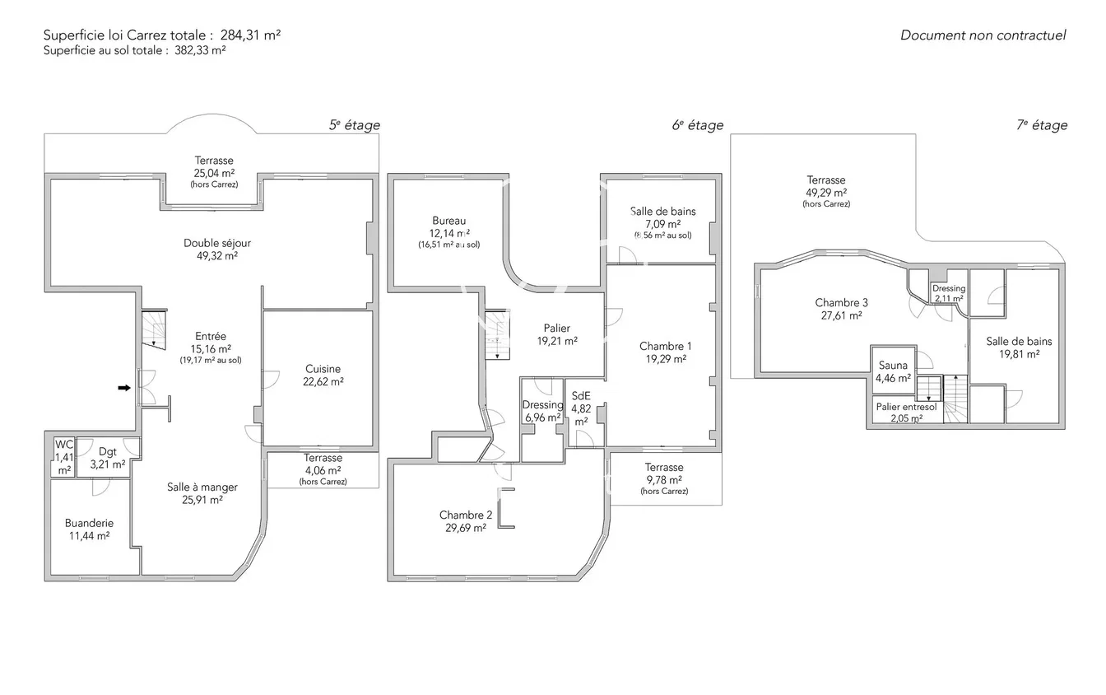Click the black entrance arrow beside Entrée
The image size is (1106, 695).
coord(124,388)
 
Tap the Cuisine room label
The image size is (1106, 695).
coord(323,369)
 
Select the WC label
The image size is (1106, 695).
coord(64,445)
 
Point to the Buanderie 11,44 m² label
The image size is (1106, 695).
coord(90,529)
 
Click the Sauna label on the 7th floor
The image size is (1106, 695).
coord(893,366)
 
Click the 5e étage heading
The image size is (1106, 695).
coord(355,125)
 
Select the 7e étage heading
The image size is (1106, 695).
coord(1042,125)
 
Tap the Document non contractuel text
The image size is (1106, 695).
coord(983,35)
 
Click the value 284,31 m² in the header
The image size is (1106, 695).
coord(250,35)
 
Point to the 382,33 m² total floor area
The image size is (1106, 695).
coord(200,50)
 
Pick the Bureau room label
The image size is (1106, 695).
coord(448,221)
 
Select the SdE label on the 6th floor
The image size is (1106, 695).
coord(581,396)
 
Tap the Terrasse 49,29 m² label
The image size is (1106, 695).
coord(826,191)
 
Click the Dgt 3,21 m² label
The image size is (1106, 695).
coord(108,458)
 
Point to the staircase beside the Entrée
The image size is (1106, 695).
coord(154,328)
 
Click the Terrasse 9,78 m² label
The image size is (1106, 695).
coord(664,478)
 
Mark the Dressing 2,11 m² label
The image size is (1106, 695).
coord(949,293)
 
